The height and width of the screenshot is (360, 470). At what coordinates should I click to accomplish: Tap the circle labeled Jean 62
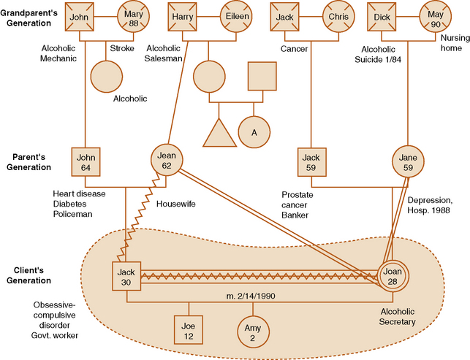click(166, 160)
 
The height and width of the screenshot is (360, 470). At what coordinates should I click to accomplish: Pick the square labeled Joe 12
click(189, 331)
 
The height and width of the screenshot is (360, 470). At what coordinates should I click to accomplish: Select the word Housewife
click(176, 205)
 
